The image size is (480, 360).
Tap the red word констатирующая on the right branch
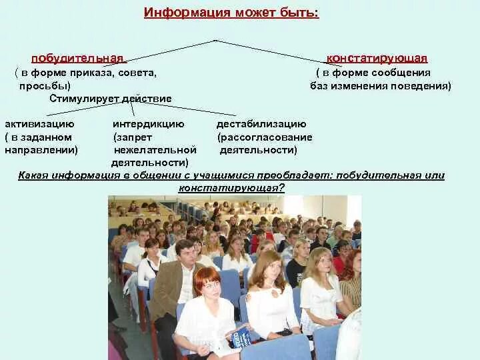click(x=377, y=59)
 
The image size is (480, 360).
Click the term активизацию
click(x=39, y=124)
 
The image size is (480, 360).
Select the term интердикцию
click(x=148, y=124)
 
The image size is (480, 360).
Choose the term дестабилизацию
click(x=261, y=124)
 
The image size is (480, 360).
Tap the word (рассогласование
click(x=265, y=137)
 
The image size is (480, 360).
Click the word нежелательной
click(x=155, y=150)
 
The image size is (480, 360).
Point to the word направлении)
click(x=41, y=150)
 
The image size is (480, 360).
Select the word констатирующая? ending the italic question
click(x=231, y=188)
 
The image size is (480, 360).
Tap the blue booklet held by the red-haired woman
click(x=241, y=337)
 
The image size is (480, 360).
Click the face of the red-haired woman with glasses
click(x=208, y=285)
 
